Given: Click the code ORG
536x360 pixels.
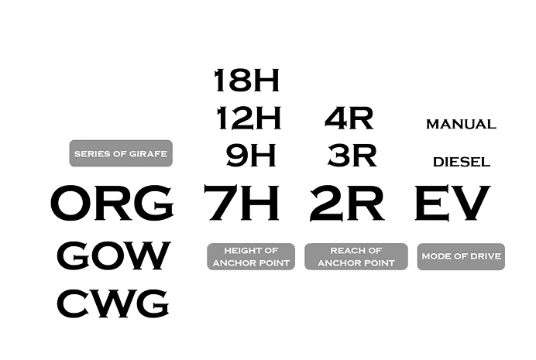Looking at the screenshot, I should (112, 204).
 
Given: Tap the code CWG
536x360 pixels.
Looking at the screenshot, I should (113, 303).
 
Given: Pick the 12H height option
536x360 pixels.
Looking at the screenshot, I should (249, 119).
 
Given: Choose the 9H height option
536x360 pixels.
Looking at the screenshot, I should (250, 156).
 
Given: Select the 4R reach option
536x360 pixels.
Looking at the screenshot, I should (349, 119).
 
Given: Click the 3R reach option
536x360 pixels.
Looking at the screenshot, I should (352, 156).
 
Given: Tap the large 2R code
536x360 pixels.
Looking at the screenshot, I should (347, 204).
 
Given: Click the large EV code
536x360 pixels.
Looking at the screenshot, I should (452, 204).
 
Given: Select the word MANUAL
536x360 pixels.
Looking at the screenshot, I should (460, 124).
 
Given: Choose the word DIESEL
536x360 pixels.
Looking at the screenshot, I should (462, 161).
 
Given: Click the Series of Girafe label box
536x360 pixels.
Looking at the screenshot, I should (120, 153).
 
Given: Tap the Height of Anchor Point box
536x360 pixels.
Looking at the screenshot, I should (250, 256).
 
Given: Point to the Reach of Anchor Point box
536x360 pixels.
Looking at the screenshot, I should (356, 256).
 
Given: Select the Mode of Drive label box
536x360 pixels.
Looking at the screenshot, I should (461, 256).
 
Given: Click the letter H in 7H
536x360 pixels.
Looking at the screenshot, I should (261, 204).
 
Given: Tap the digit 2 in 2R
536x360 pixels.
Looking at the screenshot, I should (328, 204).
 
